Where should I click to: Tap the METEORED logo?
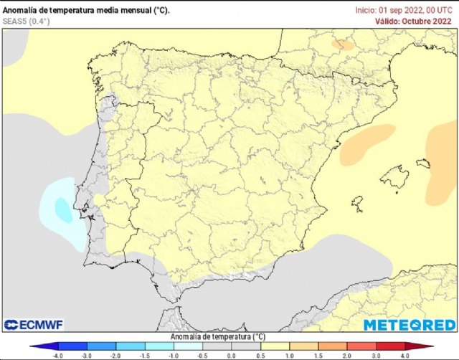(x=408, y=325)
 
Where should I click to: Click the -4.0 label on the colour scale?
(x=58, y=355)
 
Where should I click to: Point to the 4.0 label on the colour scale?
(x=404, y=355)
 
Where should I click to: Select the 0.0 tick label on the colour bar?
(x=231, y=355)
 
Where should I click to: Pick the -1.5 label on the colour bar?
(x=144, y=355)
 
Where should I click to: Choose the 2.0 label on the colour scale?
(x=346, y=355)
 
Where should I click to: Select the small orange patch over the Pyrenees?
(x=343, y=44)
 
